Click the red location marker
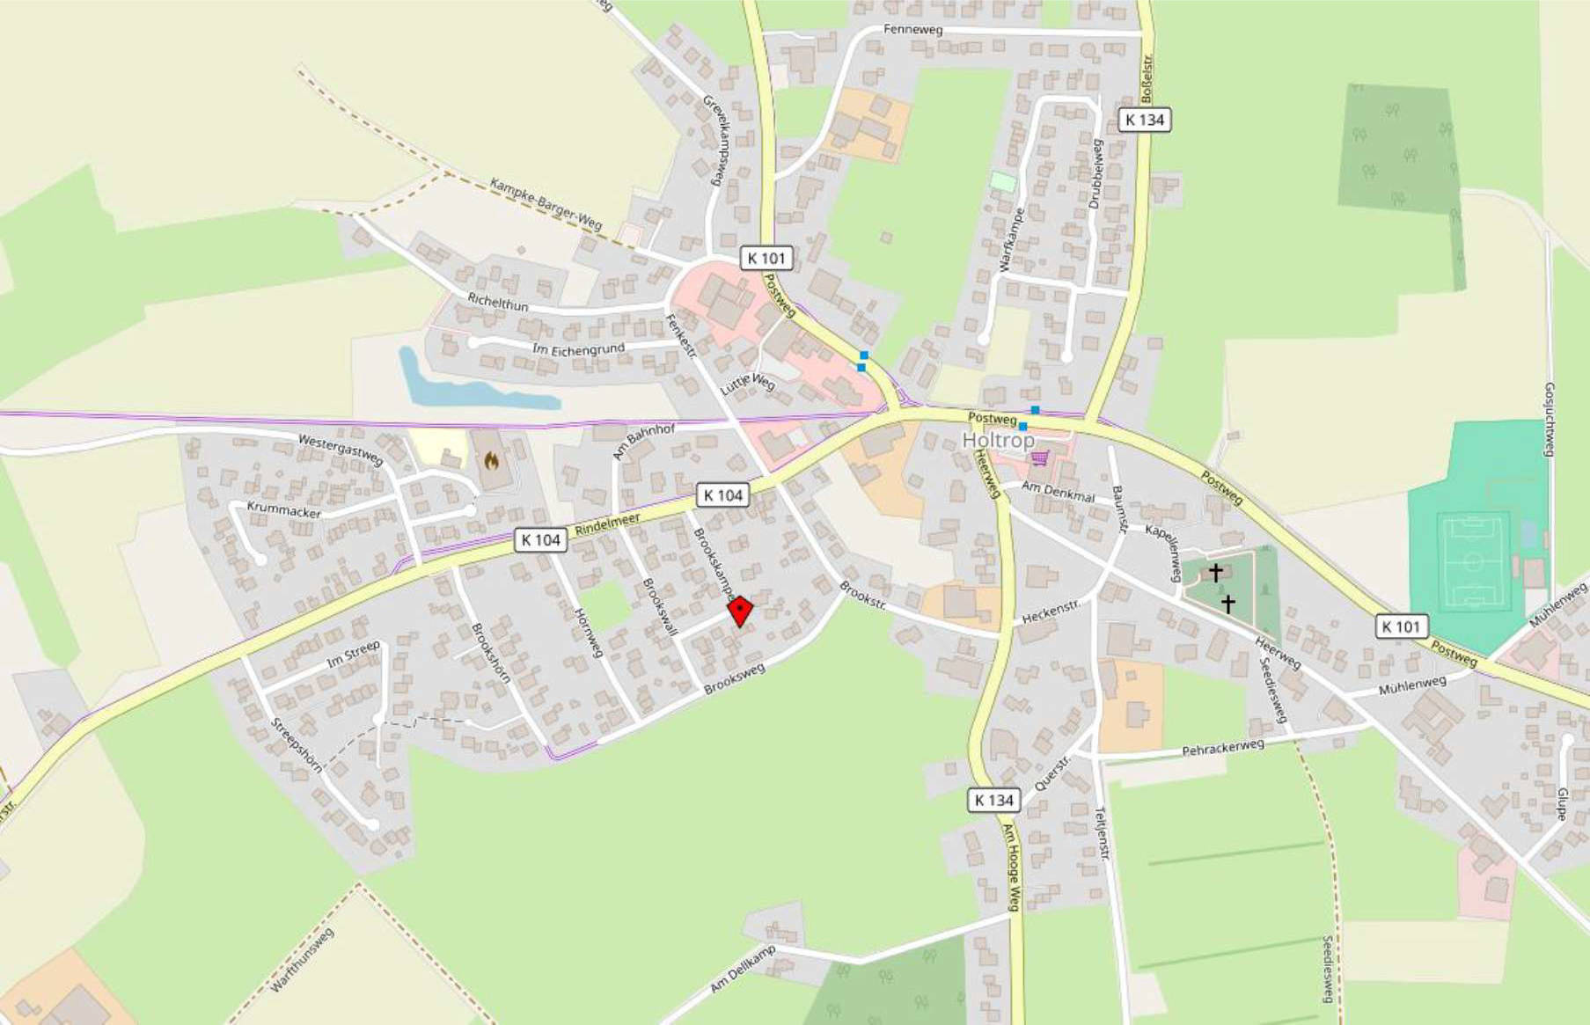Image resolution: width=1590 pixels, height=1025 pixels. click(740, 611)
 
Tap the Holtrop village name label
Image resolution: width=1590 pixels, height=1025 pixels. click(998, 440)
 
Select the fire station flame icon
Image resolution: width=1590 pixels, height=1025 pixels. click(491, 460)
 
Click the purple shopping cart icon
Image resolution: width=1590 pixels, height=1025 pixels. click(1041, 458)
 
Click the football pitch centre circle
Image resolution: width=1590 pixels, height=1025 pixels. click(1472, 560)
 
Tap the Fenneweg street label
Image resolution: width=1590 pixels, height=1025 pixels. click(912, 30)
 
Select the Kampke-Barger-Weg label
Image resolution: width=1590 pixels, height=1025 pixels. click(546, 204)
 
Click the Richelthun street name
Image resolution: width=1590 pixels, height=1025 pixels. click(498, 302)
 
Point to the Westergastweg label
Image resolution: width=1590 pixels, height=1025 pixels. click(341, 449)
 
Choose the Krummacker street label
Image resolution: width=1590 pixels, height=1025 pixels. click(283, 509)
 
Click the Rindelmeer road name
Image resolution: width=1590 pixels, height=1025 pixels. click(607, 525)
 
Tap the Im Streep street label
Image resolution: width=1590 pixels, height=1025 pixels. click(353, 654)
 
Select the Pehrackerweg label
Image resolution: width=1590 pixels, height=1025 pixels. click(1222, 748)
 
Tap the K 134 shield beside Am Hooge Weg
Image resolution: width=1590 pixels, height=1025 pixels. click(994, 800)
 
